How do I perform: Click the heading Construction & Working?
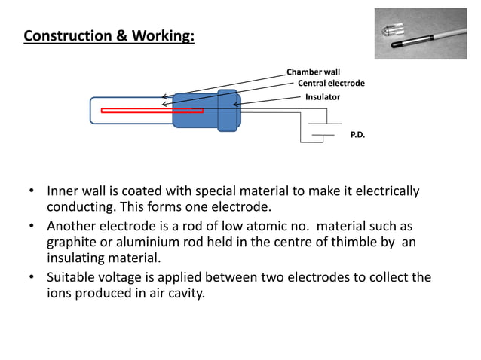tap(109, 36)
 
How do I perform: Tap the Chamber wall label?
tap(313, 72)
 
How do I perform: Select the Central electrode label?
tap(331, 84)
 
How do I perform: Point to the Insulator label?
tap(323, 98)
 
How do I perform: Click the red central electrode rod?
tap(152, 111)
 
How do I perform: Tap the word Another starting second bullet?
tap(72, 226)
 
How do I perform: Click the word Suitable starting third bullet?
tap(73, 277)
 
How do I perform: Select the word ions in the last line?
tap(60, 293)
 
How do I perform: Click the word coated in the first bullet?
tap(158, 191)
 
